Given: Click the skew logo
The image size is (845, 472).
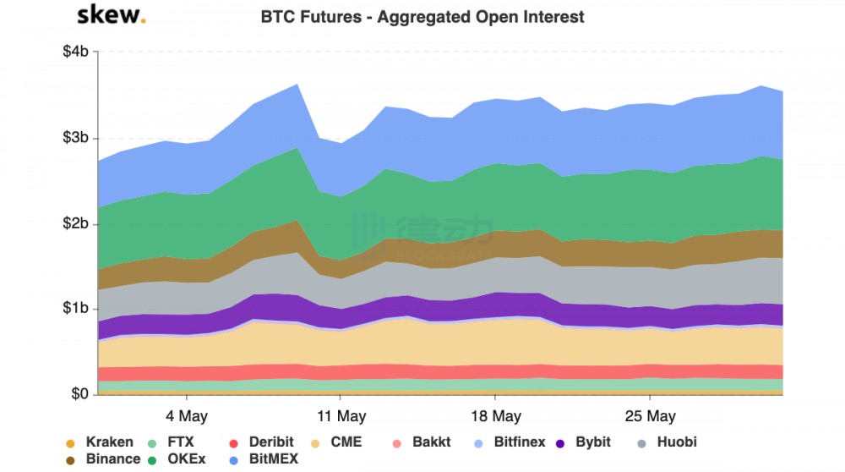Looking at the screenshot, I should pos(111,15).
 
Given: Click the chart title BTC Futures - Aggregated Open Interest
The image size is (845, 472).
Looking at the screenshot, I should pos(422,17).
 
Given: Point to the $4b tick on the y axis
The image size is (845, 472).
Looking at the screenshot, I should pos(76,52).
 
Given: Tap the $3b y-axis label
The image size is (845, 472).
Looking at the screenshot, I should pos(76,138).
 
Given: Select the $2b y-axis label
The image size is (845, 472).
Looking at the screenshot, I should pos(76,224).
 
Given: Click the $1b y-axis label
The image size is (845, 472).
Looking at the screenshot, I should pos(76,309).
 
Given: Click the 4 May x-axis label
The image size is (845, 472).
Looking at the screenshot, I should pos(187,416).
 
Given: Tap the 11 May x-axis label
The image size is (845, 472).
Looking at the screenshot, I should pos(341,416).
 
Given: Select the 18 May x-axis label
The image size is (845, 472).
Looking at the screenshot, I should pos(495,416).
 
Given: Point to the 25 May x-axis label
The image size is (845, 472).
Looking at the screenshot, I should pos(650,416).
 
